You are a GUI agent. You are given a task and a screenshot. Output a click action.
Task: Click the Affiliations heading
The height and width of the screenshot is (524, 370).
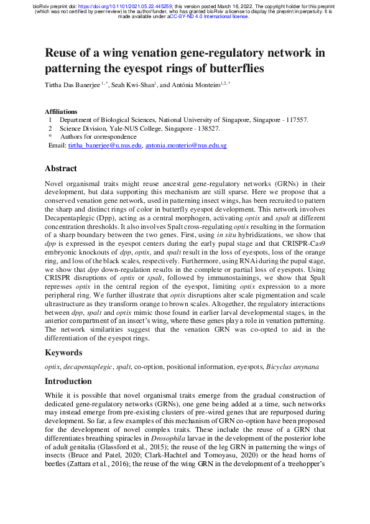point(65,111)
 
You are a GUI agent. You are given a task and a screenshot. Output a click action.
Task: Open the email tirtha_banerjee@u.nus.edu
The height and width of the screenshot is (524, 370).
point(104,145)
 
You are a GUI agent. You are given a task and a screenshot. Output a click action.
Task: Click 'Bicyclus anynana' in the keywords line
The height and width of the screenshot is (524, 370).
point(293,367)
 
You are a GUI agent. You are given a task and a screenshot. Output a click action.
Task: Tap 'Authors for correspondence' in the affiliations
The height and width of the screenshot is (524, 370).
point(98,136)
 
